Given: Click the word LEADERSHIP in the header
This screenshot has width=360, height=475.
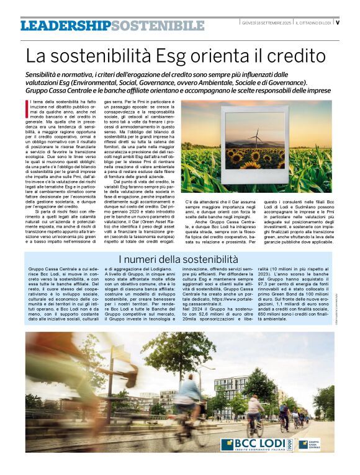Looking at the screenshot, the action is pyautogui.click(x=65, y=25).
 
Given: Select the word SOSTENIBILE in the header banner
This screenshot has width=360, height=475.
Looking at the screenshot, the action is pyautogui.click(x=158, y=25).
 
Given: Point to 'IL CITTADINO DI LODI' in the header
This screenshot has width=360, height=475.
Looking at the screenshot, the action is pyautogui.click(x=313, y=22).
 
